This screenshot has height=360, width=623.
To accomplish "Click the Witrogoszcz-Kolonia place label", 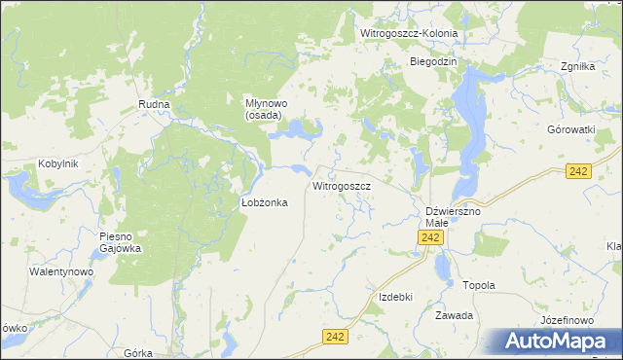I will (409, 33).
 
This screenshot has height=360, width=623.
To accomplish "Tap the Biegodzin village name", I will (433, 61).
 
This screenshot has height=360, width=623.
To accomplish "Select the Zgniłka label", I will (577, 67).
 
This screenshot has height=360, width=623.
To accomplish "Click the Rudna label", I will (154, 104).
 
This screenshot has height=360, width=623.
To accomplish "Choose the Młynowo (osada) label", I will (263, 108).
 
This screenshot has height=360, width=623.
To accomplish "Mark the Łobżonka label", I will (263, 202).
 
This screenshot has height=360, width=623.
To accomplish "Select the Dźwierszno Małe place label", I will (454, 216).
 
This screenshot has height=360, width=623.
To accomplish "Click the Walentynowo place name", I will (60, 271).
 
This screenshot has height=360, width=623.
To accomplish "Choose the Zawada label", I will (455, 315).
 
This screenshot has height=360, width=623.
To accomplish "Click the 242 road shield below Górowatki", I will (579, 170).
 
